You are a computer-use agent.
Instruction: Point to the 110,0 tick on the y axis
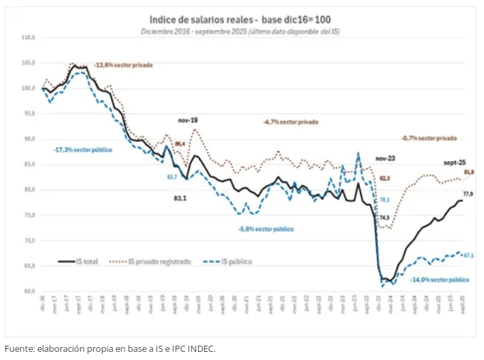click(x=29, y=37)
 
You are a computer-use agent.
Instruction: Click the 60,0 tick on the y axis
click(x=29, y=291)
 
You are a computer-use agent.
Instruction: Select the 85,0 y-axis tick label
click(x=29, y=164)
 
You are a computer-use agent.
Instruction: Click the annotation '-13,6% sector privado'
click(x=123, y=65)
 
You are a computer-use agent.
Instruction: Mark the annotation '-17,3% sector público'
click(x=82, y=148)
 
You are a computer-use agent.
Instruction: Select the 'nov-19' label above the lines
click(x=188, y=120)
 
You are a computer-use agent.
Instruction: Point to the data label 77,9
click(x=468, y=194)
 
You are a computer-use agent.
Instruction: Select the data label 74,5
click(x=385, y=218)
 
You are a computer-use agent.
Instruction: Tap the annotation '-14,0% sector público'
click(x=440, y=279)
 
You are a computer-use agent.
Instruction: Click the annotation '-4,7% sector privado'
click(x=291, y=122)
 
